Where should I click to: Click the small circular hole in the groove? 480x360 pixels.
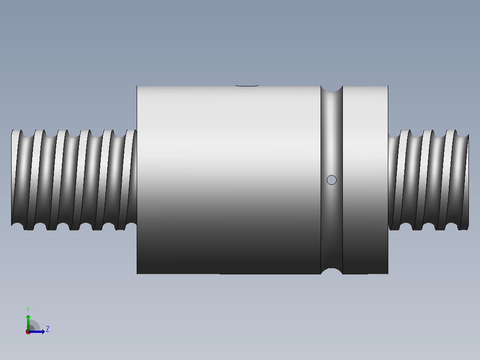click(332, 180)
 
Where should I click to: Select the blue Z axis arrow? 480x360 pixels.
click(37, 331)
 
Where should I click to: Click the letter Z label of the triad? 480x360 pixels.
click(48, 329)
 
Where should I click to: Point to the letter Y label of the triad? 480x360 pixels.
click(28, 310)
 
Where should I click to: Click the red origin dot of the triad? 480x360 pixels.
click(28, 332)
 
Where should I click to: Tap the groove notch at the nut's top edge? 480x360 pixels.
click(332, 89)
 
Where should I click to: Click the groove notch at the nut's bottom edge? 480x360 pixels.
click(332, 271)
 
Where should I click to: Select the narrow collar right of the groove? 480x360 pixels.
click(365, 180)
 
